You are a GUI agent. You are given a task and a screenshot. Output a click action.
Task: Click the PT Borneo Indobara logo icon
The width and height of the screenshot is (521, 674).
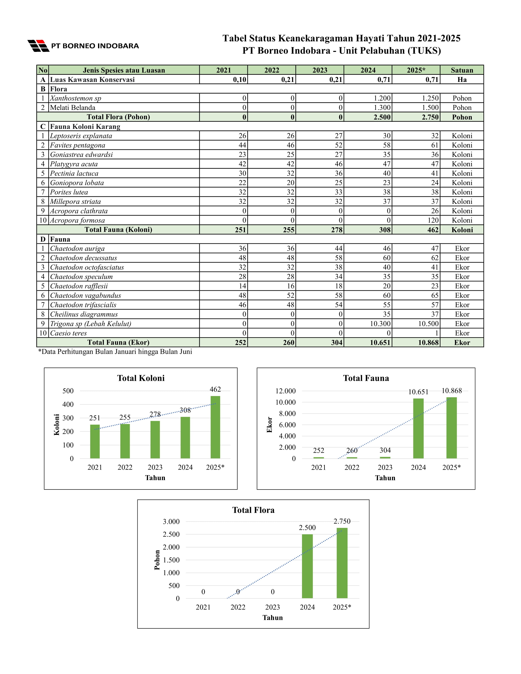point(38,46)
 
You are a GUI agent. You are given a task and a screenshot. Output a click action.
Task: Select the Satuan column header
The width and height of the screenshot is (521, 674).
point(462,70)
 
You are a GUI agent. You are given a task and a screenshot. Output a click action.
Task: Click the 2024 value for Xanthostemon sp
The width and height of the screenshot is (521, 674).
point(382,98)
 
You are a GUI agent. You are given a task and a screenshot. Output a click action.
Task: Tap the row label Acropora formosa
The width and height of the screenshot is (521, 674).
point(77,220)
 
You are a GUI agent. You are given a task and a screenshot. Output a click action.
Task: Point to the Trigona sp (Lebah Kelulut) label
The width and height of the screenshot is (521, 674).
point(90,324)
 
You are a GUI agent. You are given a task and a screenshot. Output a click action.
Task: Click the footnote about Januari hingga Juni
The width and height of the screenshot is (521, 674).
point(115,352)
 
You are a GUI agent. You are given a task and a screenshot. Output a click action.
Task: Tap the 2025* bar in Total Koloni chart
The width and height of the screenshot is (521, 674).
point(215,427)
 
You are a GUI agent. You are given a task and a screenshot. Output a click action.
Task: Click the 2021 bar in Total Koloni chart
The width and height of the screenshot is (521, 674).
point(95,442)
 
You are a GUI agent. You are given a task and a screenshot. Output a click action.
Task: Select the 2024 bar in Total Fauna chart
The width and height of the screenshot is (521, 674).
point(418,429)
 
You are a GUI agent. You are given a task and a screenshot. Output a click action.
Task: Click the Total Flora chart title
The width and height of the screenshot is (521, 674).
point(253,510)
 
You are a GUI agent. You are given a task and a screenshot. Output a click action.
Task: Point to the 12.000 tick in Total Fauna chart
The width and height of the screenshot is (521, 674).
point(285,391)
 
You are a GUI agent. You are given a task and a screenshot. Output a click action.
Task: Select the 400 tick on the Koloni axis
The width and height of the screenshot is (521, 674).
point(68,404)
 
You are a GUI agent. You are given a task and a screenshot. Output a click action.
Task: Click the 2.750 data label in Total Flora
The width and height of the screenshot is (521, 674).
point(342,521)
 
